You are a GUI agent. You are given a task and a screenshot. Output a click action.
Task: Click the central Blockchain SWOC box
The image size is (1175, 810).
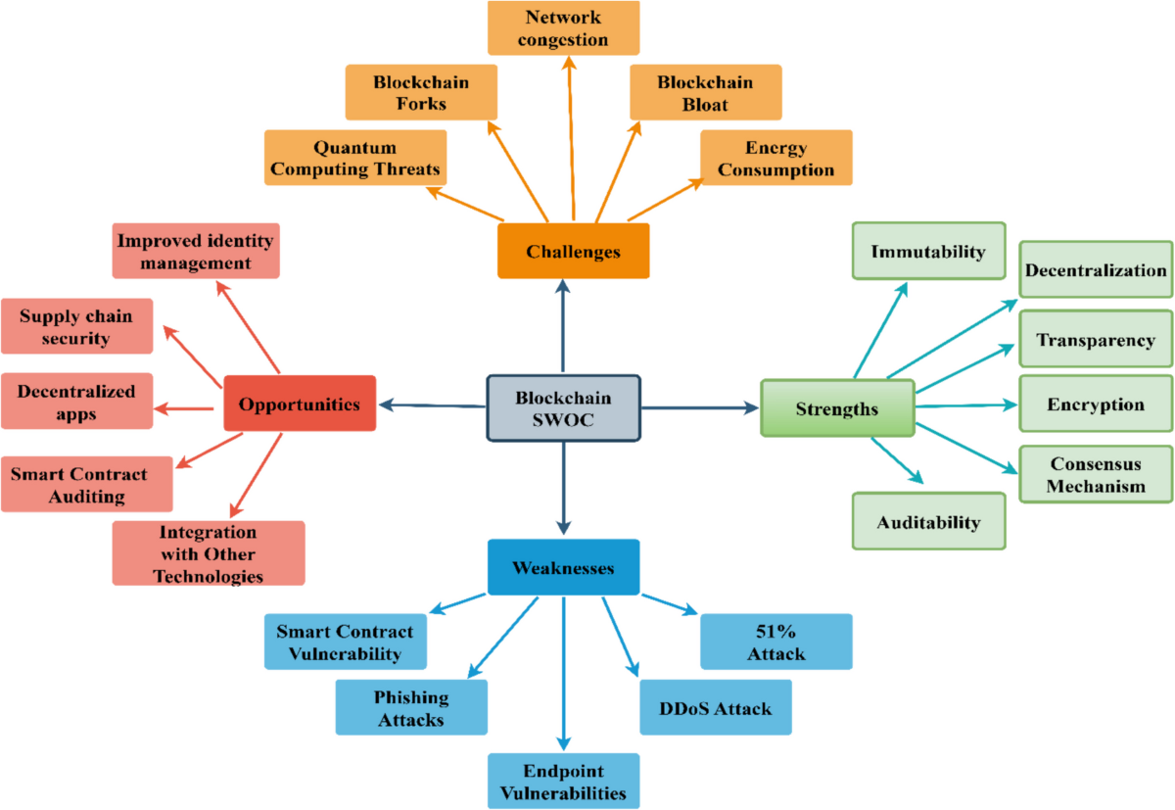[x=563, y=407]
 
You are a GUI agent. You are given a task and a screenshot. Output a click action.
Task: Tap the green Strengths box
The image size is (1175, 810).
[x=836, y=407]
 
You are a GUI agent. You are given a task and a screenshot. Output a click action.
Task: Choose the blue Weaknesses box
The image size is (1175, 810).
[x=563, y=567]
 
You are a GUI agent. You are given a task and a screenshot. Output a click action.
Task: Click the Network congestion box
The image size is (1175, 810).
[x=563, y=28]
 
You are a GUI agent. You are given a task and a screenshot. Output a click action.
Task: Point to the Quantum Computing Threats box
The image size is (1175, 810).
[x=355, y=158]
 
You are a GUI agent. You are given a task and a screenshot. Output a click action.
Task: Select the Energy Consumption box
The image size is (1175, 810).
[x=775, y=158]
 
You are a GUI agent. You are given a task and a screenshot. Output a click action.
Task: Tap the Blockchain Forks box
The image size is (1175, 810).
[x=421, y=92]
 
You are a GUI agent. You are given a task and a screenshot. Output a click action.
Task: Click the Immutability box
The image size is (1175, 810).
[x=928, y=252]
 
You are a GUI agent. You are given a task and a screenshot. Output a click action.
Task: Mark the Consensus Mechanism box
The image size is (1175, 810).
[x=1096, y=474]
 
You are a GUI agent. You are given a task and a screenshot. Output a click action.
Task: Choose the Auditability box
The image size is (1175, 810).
[x=928, y=521]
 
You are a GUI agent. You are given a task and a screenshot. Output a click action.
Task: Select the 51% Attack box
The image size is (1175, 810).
[x=775, y=642]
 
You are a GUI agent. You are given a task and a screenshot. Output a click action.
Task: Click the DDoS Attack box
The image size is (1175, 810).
[x=715, y=707]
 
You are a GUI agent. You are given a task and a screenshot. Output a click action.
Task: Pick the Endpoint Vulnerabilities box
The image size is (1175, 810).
[x=563, y=781]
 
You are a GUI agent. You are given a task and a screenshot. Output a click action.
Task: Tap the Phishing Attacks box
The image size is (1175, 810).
[x=411, y=707]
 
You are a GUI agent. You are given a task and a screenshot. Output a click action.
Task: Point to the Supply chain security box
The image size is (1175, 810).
[x=76, y=326]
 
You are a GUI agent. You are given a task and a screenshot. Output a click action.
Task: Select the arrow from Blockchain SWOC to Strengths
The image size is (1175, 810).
[x=699, y=407]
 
